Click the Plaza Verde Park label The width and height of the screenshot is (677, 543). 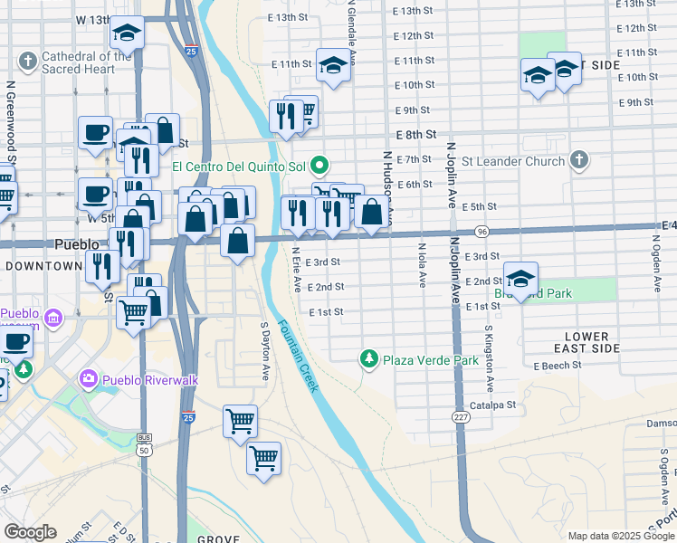430,360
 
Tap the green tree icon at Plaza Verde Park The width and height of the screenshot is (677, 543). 368,359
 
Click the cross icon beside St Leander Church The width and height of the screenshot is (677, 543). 580,161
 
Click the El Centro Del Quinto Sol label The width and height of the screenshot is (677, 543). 240,167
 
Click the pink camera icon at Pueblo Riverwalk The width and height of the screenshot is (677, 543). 89,378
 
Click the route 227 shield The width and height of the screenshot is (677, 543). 460,415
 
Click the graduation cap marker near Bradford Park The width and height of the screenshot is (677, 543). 521,278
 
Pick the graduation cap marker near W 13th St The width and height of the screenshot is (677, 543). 128,33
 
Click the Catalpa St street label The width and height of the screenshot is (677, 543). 499,405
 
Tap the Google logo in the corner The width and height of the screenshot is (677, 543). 30,532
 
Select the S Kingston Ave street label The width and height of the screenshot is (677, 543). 488,347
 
